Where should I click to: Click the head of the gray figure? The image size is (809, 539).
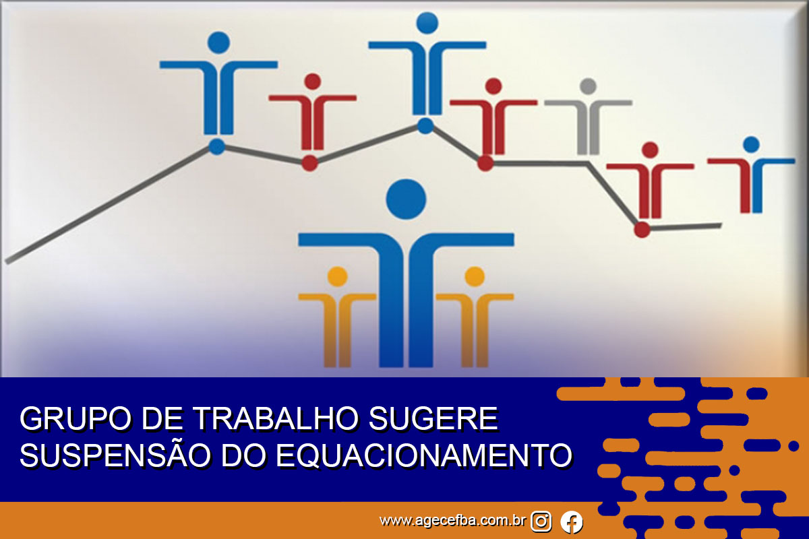point(589,86)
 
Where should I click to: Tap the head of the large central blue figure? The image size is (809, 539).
point(406,199)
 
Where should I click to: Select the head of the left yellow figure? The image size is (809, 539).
point(337,277)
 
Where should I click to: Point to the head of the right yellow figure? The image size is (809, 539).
point(475,277)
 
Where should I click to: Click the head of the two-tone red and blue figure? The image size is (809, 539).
point(752,144)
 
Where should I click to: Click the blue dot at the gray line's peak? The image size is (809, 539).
point(425,126)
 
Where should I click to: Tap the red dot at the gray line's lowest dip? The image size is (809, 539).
point(642,230)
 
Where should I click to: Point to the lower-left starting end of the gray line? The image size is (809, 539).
point(7,261)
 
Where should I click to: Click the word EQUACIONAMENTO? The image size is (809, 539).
point(424,455)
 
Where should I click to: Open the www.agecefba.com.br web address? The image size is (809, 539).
point(452,521)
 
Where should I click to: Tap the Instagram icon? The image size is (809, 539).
point(541,521)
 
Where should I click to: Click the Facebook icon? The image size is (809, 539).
point(572,521)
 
